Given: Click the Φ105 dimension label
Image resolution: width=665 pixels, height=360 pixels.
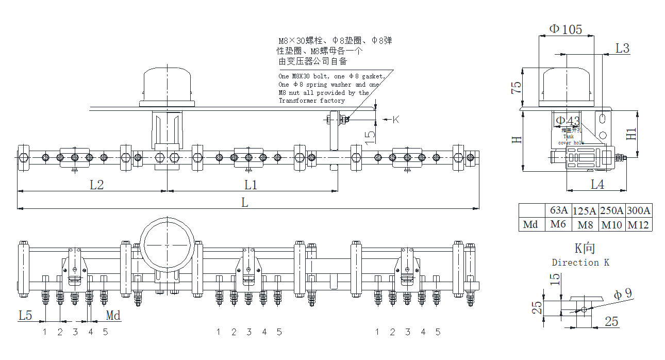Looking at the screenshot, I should point(565,29).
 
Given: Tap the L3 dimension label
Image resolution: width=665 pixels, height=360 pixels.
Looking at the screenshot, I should point(623,48).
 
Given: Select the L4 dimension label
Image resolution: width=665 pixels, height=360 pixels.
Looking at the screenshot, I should point(597,184).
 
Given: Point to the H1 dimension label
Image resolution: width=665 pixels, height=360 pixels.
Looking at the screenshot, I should point(631,134).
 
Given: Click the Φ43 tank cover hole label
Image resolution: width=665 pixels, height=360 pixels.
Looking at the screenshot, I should point(568,121).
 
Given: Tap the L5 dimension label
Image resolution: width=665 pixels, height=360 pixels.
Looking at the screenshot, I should point(25,315).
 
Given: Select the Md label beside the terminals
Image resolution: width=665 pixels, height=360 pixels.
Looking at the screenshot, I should point(113,315).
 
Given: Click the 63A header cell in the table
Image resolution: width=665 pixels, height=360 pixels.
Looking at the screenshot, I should point(559,210).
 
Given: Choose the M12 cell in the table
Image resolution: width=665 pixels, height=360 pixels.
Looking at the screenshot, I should point(639,224).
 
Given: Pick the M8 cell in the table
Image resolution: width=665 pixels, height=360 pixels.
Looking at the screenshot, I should point(585,224).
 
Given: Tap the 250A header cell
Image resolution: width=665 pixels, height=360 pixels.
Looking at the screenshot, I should point(612,210).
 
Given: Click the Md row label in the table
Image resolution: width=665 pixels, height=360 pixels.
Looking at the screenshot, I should point(530,224).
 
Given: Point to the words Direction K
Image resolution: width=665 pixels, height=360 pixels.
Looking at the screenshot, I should point(580,263).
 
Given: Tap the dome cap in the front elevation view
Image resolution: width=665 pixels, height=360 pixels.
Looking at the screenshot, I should point(168,85).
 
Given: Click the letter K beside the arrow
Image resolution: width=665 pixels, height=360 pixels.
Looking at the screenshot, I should point(396,120).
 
